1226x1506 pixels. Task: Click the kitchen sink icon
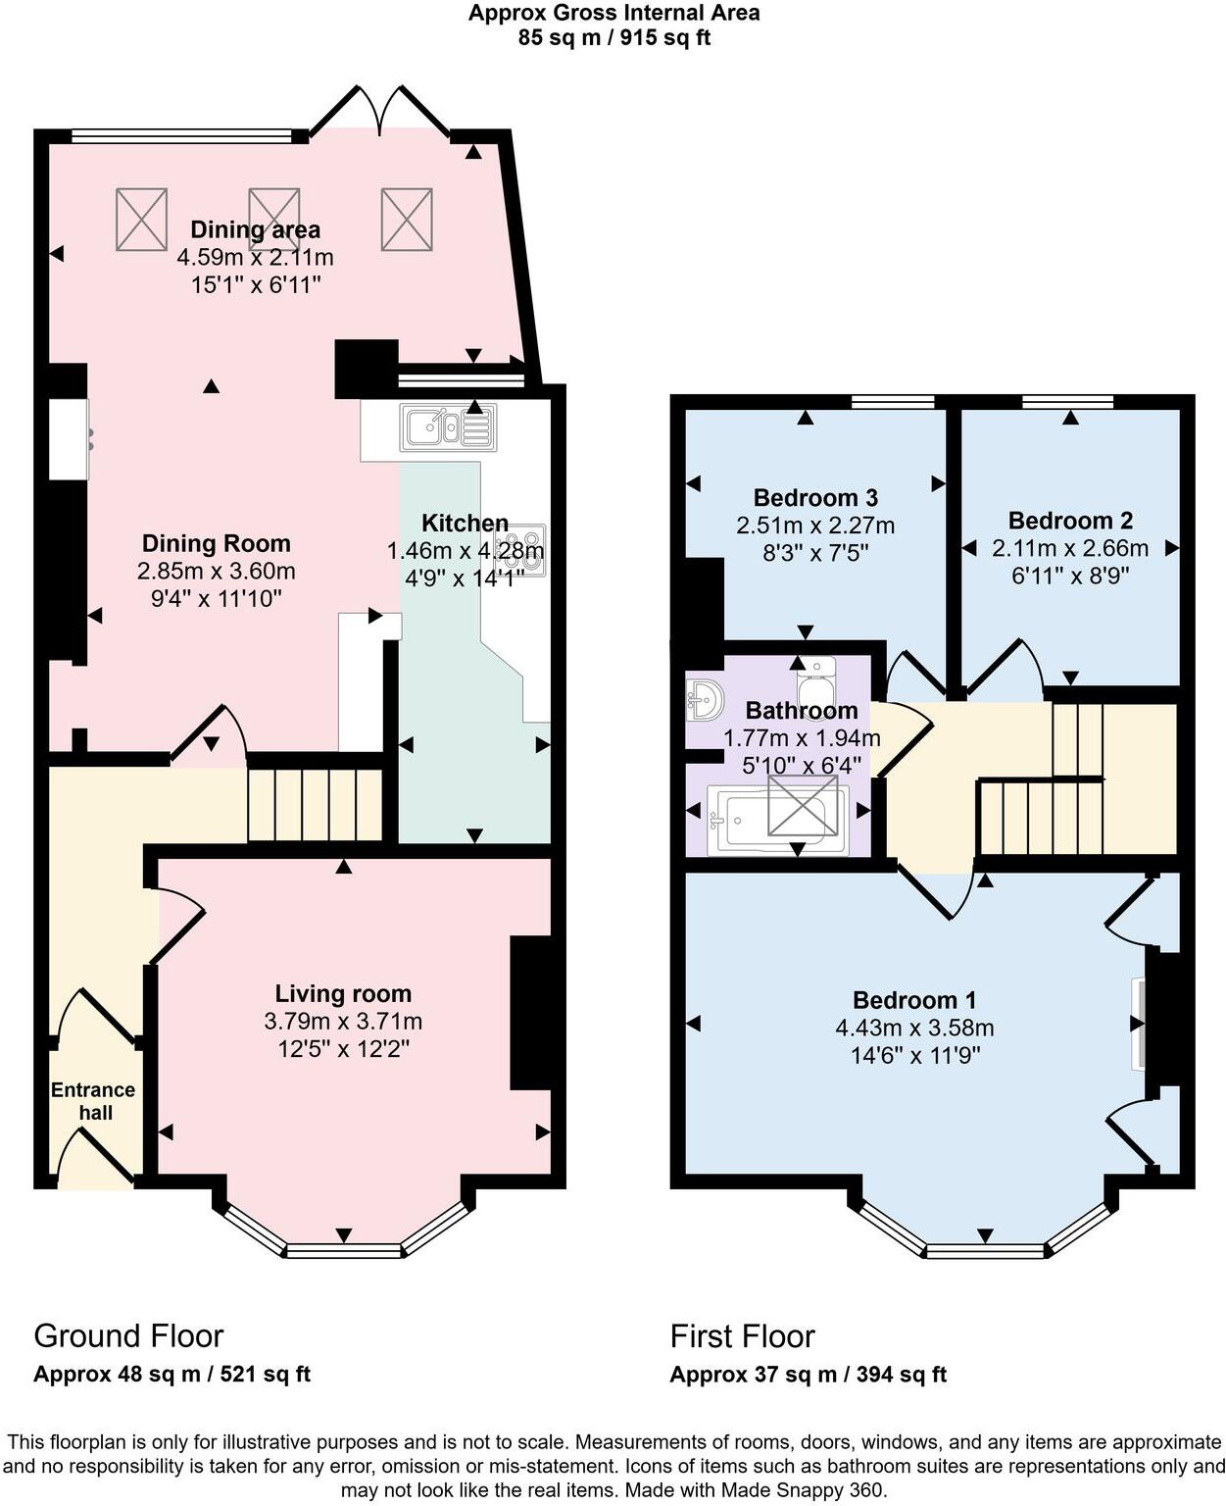click(x=448, y=427)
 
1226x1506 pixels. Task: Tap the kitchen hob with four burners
click(x=520, y=550)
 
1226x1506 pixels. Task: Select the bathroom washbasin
click(x=705, y=699)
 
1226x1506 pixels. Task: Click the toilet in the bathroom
click(x=816, y=677)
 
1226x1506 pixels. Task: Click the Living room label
click(x=343, y=993)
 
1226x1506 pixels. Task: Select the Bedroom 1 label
click(x=913, y=1000)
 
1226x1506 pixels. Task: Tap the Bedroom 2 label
click(x=1070, y=521)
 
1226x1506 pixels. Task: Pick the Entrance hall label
click(x=93, y=1101)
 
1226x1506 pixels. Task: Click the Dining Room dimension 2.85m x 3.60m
click(x=217, y=571)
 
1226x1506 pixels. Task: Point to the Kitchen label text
click(x=465, y=523)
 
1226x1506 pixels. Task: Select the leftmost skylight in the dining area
click(x=142, y=219)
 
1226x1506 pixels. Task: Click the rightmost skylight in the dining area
click(x=407, y=219)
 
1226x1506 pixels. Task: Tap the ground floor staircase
click(x=314, y=805)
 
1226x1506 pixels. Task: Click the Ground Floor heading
click(x=128, y=1335)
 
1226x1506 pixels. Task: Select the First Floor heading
click(x=742, y=1336)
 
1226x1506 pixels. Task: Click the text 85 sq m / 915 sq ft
click(x=613, y=38)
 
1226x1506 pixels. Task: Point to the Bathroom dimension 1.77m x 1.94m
click(x=802, y=738)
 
